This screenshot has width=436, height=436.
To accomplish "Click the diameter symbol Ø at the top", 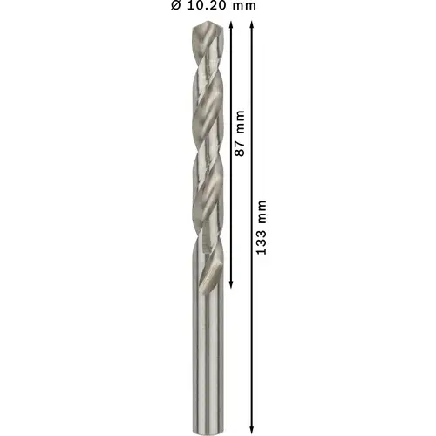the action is pos(176,5).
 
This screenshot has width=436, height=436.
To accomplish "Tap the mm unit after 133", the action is pos(262,212).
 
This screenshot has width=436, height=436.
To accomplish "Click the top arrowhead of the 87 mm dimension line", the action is pos(231,25).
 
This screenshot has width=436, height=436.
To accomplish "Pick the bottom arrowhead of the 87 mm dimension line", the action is pos(231,284).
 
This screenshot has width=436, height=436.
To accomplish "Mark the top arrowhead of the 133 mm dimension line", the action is pos(252,25).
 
